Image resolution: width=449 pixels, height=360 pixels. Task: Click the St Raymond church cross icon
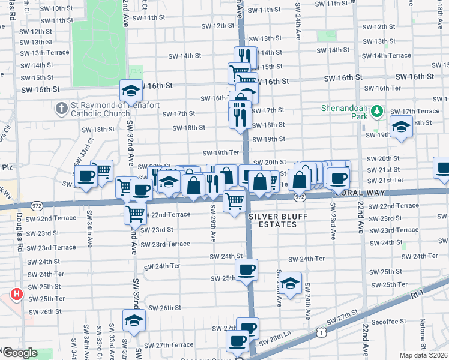pyautogui.click(x=61, y=109)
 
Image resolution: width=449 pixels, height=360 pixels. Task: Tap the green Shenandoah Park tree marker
pyautogui.click(x=377, y=111)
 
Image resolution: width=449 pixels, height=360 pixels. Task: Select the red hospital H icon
pyautogui.click(x=16, y=295)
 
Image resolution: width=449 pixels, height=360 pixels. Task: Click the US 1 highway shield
pyautogui.click(x=323, y=331)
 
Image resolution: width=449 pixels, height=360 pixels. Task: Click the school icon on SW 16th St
pyautogui.click(x=131, y=91)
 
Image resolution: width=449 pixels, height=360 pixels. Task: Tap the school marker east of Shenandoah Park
pyautogui.click(x=400, y=127)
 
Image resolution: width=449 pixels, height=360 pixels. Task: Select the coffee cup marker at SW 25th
pyautogui.click(x=246, y=270)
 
